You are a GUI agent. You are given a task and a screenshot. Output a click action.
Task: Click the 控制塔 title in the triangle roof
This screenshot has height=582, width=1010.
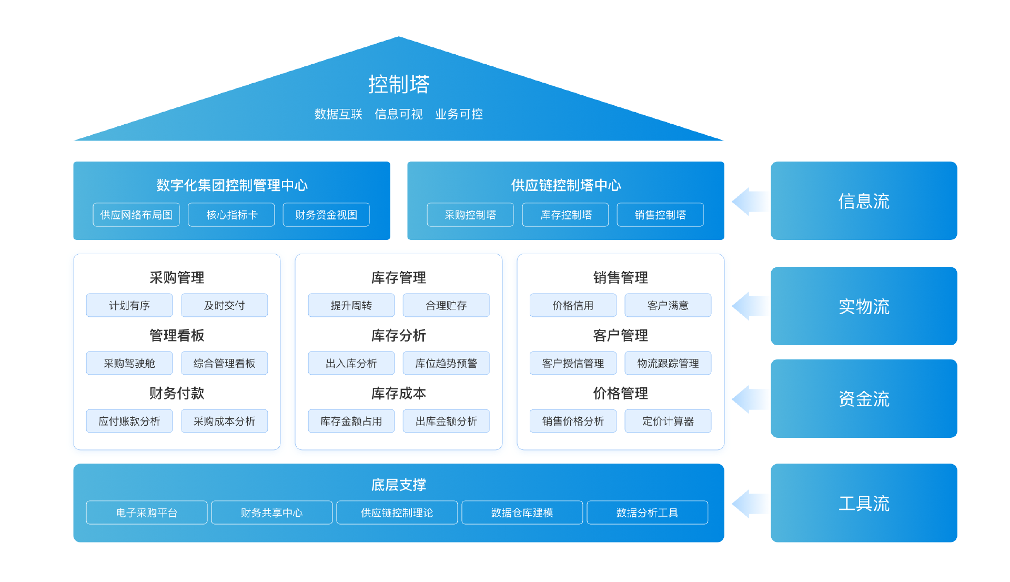tap(399, 84)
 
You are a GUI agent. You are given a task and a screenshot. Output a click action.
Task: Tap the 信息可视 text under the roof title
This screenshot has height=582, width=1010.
tap(398, 114)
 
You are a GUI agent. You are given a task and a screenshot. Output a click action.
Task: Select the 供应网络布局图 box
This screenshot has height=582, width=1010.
tap(136, 215)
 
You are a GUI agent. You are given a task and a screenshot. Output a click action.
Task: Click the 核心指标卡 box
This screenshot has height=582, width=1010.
tap(231, 215)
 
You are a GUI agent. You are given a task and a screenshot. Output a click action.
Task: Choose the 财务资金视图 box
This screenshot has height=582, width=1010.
tap(326, 215)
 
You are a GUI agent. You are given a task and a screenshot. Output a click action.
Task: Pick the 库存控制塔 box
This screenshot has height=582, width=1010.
tap(565, 215)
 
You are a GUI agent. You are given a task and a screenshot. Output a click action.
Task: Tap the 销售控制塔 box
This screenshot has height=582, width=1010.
tap(660, 215)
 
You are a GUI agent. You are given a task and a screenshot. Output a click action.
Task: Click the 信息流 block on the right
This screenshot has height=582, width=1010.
tap(864, 201)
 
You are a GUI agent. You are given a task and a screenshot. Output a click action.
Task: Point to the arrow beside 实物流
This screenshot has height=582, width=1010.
tap(749, 306)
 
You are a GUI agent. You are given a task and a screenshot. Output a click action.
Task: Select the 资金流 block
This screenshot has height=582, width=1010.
tap(864, 399)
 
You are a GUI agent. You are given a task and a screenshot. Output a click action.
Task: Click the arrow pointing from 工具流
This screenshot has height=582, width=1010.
tap(749, 504)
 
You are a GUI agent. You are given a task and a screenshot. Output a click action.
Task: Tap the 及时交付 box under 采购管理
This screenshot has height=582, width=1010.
tap(225, 305)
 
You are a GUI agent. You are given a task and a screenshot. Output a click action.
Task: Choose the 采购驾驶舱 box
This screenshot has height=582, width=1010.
tap(129, 363)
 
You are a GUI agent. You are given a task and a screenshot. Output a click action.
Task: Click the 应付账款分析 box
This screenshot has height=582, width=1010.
tap(129, 421)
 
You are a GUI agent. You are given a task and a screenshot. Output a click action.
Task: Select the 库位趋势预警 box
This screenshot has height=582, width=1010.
tap(446, 363)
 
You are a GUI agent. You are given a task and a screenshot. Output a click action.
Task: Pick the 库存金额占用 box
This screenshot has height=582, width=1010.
tap(351, 421)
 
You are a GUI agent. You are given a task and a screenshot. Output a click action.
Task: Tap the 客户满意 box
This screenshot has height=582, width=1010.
tap(668, 305)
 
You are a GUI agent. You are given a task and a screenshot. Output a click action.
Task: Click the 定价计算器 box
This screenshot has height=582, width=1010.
tap(668, 421)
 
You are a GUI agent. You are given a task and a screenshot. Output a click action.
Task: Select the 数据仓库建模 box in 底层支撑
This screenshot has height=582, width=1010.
tap(522, 513)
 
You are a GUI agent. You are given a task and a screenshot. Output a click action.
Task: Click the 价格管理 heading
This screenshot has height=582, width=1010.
tap(620, 393)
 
